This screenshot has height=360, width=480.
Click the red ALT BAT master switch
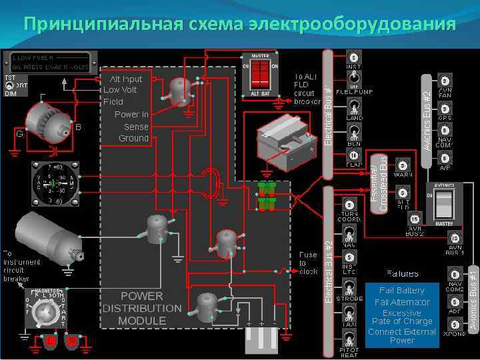260,74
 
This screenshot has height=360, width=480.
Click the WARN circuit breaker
403,165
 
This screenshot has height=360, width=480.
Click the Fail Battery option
402,291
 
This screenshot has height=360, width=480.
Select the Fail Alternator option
402,302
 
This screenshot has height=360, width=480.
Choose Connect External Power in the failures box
402,335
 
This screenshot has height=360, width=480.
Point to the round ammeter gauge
55,182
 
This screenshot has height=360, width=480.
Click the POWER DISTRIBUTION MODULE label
141,308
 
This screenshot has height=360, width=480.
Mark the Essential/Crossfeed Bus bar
379,184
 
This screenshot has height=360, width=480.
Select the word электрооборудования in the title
353,25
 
